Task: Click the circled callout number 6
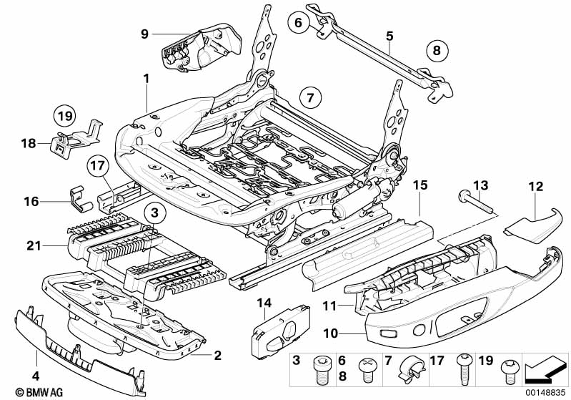point(299,24)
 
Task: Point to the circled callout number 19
point(65,115)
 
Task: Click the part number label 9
point(144,34)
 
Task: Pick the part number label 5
point(389,34)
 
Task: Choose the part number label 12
point(536,187)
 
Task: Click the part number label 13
point(483,186)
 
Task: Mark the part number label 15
point(420,185)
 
